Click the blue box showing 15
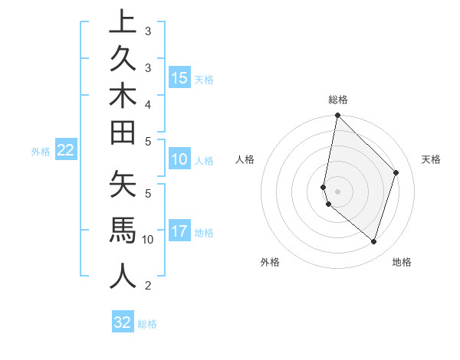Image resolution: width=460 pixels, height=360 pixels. (179, 78)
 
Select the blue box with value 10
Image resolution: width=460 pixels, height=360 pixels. (179, 160)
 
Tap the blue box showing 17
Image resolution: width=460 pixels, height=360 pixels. (179, 231)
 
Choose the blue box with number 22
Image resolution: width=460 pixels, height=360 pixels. (66, 150)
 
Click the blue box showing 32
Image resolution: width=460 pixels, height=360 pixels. (123, 322)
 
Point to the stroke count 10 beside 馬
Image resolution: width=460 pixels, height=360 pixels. (148, 240)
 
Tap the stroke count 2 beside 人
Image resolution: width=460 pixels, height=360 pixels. (148, 286)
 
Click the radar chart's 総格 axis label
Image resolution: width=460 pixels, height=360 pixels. (338, 100)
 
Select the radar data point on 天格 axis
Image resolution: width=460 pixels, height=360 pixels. (396, 172)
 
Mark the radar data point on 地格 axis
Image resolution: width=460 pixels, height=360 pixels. (373, 241)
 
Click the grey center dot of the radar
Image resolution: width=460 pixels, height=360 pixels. (337, 191)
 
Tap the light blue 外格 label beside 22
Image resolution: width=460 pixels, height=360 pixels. (41, 152)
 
